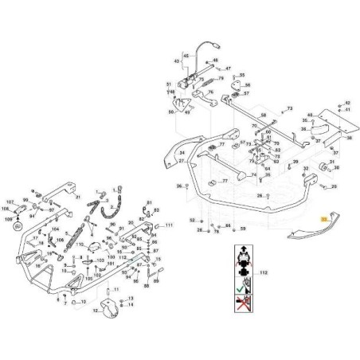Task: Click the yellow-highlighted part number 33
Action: (324, 217)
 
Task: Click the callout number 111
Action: (170, 226)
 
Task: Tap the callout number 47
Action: (228, 69)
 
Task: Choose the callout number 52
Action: (192, 220)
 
